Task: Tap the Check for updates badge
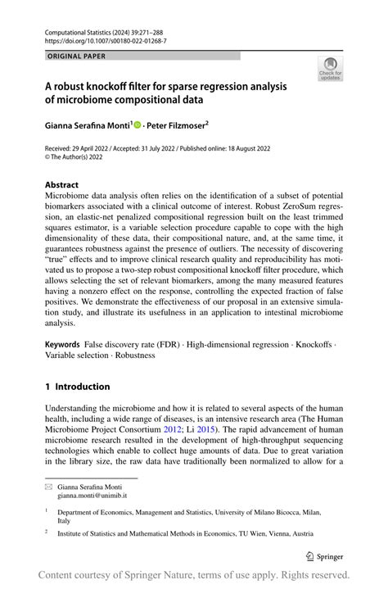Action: coord(330,68)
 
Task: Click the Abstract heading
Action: coord(62,186)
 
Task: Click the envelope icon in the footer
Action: coord(48,487)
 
